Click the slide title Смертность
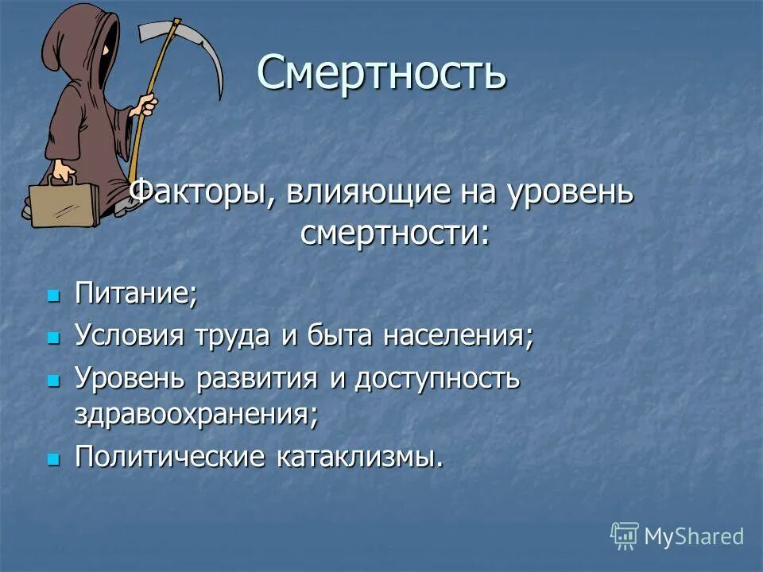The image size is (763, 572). [x=381, y=73]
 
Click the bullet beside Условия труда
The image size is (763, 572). [x=54, y=338]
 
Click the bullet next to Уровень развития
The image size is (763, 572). [x=54, y=381]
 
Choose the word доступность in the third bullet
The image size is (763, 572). [x=436, y=379]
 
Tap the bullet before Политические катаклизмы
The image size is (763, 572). [x=54, y=458]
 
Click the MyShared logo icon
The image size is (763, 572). [x=625, y=536]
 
